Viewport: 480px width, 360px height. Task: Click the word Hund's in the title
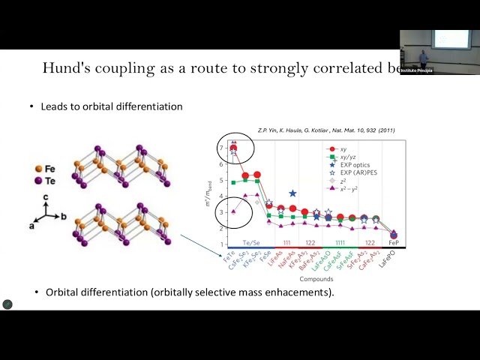tap(71, 69)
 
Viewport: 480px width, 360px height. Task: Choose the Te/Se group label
tap(244, 244)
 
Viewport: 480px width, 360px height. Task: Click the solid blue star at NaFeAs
tap(293, 193)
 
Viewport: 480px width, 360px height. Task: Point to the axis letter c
tap(46, 197)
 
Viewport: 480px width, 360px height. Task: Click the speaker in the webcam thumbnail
tap(424, 57)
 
